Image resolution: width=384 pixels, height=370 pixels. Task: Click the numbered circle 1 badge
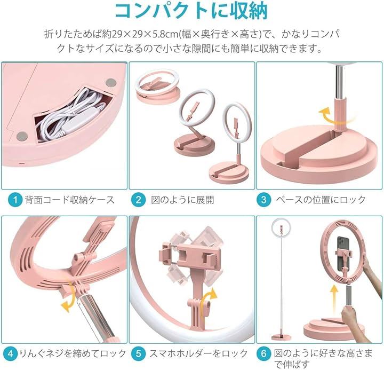15,200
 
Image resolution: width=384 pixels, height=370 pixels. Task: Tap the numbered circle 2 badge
139,200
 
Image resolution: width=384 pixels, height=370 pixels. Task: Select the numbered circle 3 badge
263,200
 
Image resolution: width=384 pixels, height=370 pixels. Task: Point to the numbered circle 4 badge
10,354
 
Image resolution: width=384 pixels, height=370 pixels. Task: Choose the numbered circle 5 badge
139,354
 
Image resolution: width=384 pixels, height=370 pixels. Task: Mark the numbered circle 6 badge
263,354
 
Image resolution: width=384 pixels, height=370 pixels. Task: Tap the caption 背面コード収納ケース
70,200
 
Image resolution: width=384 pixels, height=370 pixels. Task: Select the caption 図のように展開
182,200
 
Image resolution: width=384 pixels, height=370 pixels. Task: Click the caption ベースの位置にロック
321,200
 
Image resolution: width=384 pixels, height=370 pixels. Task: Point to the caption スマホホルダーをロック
198,354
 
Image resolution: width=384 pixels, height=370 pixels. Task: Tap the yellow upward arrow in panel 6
334,297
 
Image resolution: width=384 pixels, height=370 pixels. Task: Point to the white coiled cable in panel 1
71,115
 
